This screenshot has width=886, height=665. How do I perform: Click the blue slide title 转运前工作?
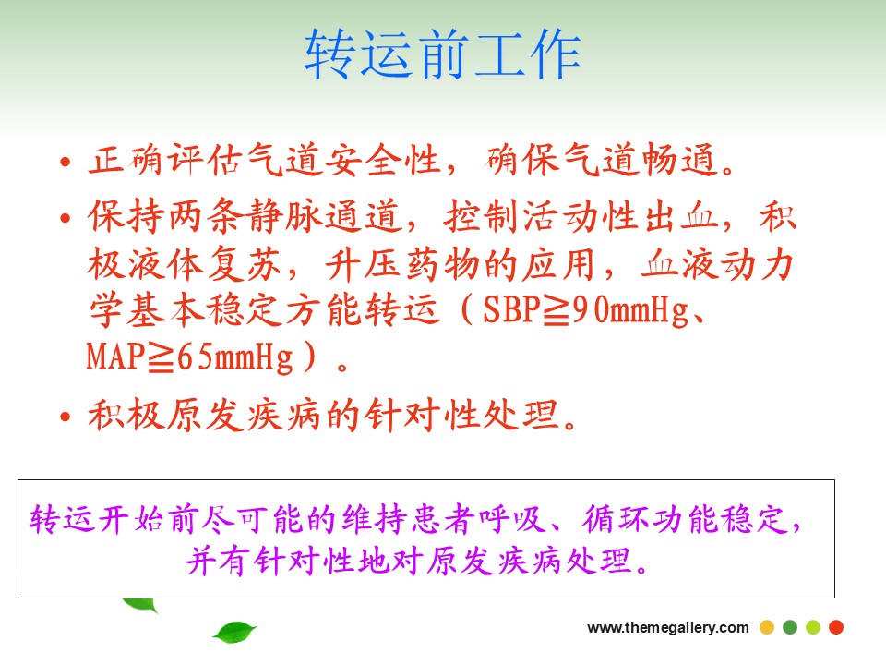point(442,54)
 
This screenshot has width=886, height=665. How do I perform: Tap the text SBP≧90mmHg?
point(585,310)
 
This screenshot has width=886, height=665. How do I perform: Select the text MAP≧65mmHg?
point(190,357)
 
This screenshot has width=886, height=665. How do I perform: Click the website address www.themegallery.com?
point(668,628)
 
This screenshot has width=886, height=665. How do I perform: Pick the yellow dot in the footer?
point(767,627)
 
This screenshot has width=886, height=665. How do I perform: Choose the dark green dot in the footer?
point(790,627)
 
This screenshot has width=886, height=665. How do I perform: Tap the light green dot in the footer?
point(813,627)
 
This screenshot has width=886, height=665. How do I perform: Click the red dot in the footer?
point(836,627)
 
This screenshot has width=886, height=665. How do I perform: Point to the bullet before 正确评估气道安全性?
point(66,163)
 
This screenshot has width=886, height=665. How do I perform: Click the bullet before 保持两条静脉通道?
point(66,218)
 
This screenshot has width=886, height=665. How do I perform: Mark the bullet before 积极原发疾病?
point(66,417)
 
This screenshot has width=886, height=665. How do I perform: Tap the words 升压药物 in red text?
point(402,265)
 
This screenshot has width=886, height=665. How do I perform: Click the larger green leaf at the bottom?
point(234,631)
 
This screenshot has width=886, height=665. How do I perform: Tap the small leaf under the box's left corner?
point(139,604)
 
